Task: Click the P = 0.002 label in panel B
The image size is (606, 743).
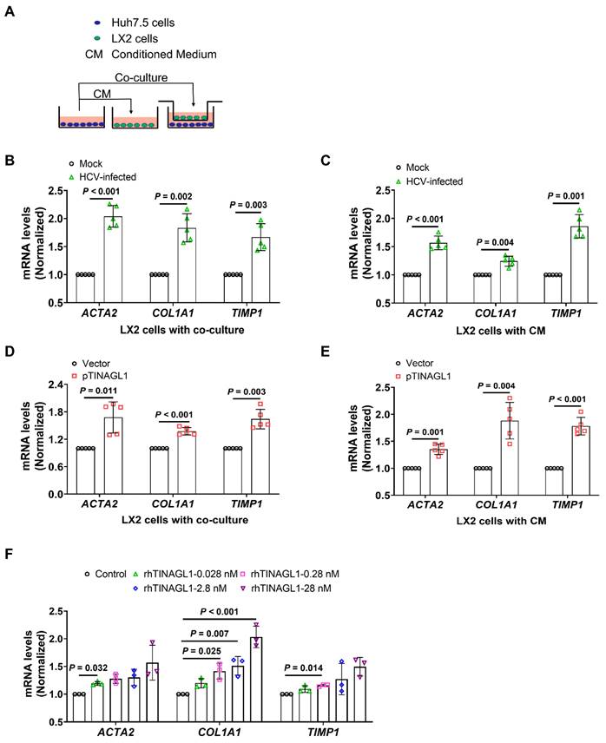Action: pos(173,197)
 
